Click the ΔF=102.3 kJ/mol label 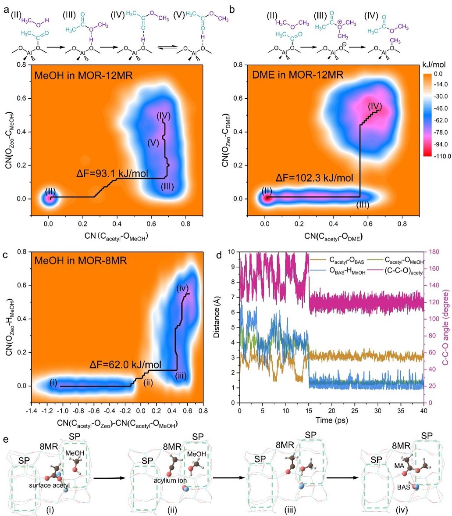(314, 179)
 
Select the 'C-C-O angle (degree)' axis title (446, 327)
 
